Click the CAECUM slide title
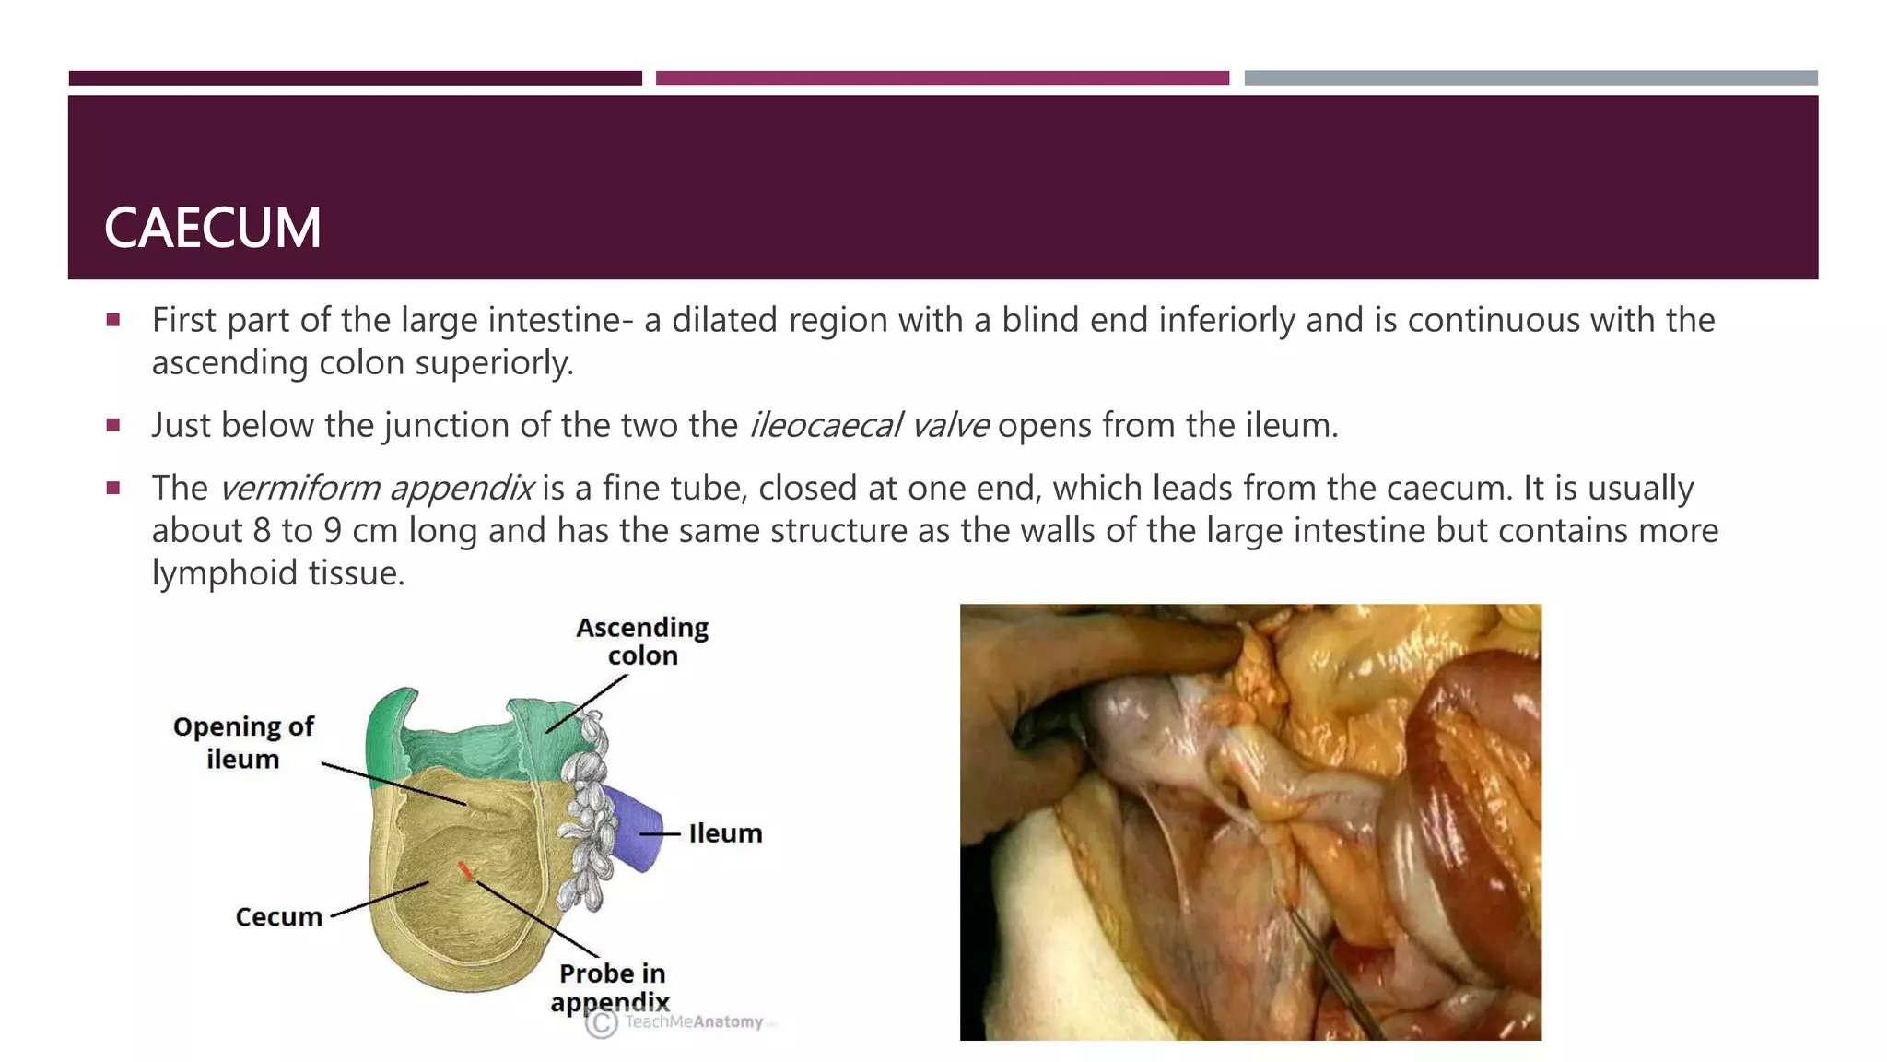pos(213,228)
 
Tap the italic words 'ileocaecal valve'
pos(869,425)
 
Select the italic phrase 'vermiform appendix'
pos(377,488)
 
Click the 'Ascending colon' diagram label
pos(642,642)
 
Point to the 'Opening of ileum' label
pos(243,743)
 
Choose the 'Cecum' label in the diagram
pos(278,917)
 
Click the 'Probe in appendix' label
pos(611,987)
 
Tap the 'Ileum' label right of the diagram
pos(725,833)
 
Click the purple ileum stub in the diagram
pos(635,828)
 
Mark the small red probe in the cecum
pos(466,870)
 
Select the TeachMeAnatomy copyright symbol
pos(602,1022)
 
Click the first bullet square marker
pos(113,321)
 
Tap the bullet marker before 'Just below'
pos(113,426)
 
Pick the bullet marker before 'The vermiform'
pos(113,489)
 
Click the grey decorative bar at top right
pos(1530,78)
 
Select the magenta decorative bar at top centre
pos(942,78)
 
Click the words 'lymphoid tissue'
pos(277,573)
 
